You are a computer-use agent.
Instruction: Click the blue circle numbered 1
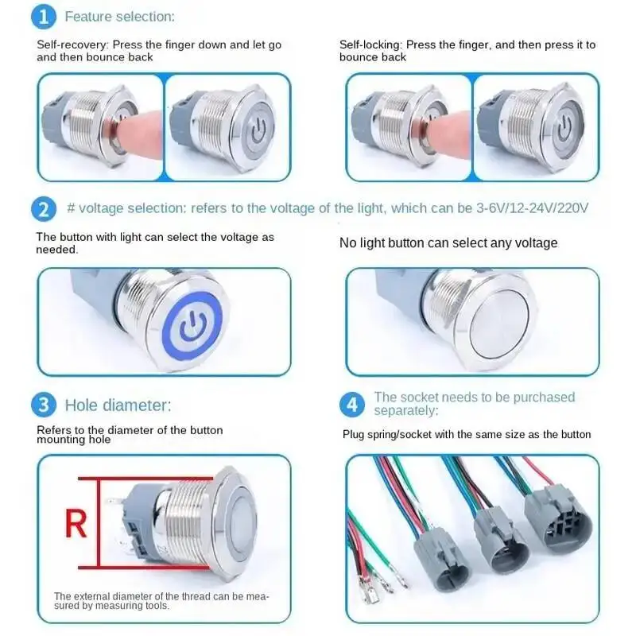click(44, 17)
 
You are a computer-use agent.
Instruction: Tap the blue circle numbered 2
click(44, 209)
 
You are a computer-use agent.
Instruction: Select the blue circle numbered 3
click(44, 405)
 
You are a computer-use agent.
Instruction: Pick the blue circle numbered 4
click(352, 405)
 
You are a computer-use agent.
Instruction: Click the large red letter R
click(76, 524)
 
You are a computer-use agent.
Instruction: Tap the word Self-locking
click(370, 45)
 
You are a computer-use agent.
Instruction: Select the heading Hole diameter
click(118, 405)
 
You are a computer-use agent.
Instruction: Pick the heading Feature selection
click(120, 17)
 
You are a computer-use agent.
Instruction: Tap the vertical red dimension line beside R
click(99, 523)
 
